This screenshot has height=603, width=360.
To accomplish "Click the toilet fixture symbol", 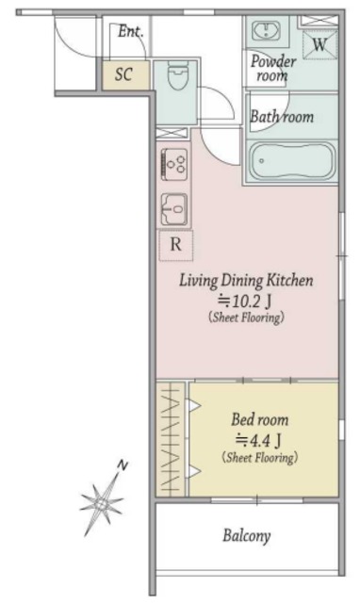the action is point(177,75).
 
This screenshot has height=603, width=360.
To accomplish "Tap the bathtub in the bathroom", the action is point(292,161).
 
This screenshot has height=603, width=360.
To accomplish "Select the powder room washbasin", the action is point(266,30).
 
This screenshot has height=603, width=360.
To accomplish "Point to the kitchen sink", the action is point(173,209).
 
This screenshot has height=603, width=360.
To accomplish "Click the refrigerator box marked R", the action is point(176,245).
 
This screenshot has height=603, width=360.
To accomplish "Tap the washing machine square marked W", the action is point(319,45).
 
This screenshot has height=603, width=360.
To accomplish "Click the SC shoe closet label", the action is point(123,74).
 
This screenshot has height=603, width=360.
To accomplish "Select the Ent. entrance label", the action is point(130,31).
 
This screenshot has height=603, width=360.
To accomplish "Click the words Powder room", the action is point(273,68).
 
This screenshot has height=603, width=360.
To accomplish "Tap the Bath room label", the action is point(282,116).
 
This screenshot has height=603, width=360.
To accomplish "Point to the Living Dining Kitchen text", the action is point(246,281).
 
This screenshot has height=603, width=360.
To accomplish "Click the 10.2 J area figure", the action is point(245,301).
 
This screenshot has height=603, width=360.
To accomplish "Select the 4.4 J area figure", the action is point(258,440).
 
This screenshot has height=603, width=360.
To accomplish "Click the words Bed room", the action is point(259,419).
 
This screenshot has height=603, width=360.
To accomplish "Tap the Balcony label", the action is point(247,536).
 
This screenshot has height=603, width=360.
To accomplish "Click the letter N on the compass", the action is point(123,465).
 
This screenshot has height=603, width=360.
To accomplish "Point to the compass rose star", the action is point(102,503).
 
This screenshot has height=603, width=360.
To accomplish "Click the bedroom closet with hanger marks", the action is point(172,439).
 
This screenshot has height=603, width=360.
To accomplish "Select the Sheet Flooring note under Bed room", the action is point(259,458).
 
